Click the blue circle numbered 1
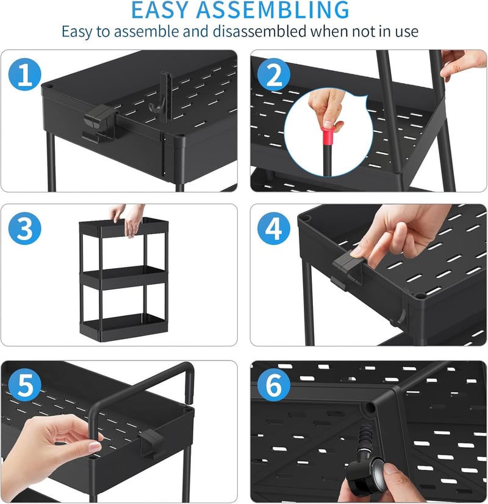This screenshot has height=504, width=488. click(25, 75)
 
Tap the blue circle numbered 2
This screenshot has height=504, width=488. click(274, 75)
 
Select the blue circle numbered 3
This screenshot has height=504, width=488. click(25, 228)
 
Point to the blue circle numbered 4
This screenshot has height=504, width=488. click(274, 228)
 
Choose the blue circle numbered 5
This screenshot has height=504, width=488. click(25, 385)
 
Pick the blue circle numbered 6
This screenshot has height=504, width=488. click(274, 385)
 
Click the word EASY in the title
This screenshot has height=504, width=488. click(160, 10)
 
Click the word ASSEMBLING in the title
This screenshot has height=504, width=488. click(273, 10)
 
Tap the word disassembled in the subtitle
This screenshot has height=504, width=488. click(259, 32)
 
